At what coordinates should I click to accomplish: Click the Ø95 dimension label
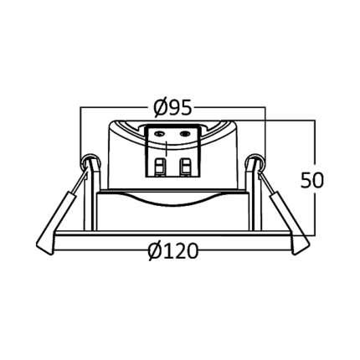[x=173, y=107]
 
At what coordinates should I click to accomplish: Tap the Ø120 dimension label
[x=173, y=250]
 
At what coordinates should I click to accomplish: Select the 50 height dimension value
[x=312, y=180]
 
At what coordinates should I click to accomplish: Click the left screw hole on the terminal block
[x=160, y=134]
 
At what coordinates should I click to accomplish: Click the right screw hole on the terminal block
[x=184, y=134]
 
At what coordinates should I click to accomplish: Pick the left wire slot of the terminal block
[x=160, y=167]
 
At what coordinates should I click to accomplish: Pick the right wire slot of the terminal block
[x=184, y=167]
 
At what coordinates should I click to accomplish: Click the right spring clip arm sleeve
[x=290, y=223]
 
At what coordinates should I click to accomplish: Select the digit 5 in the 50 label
[x=306, y=180]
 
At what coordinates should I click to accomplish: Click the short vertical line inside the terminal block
[x=166, y=148]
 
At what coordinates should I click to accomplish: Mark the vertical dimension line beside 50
[x=316, y=177]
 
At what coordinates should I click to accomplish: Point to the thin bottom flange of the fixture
[x=173, y=234]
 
